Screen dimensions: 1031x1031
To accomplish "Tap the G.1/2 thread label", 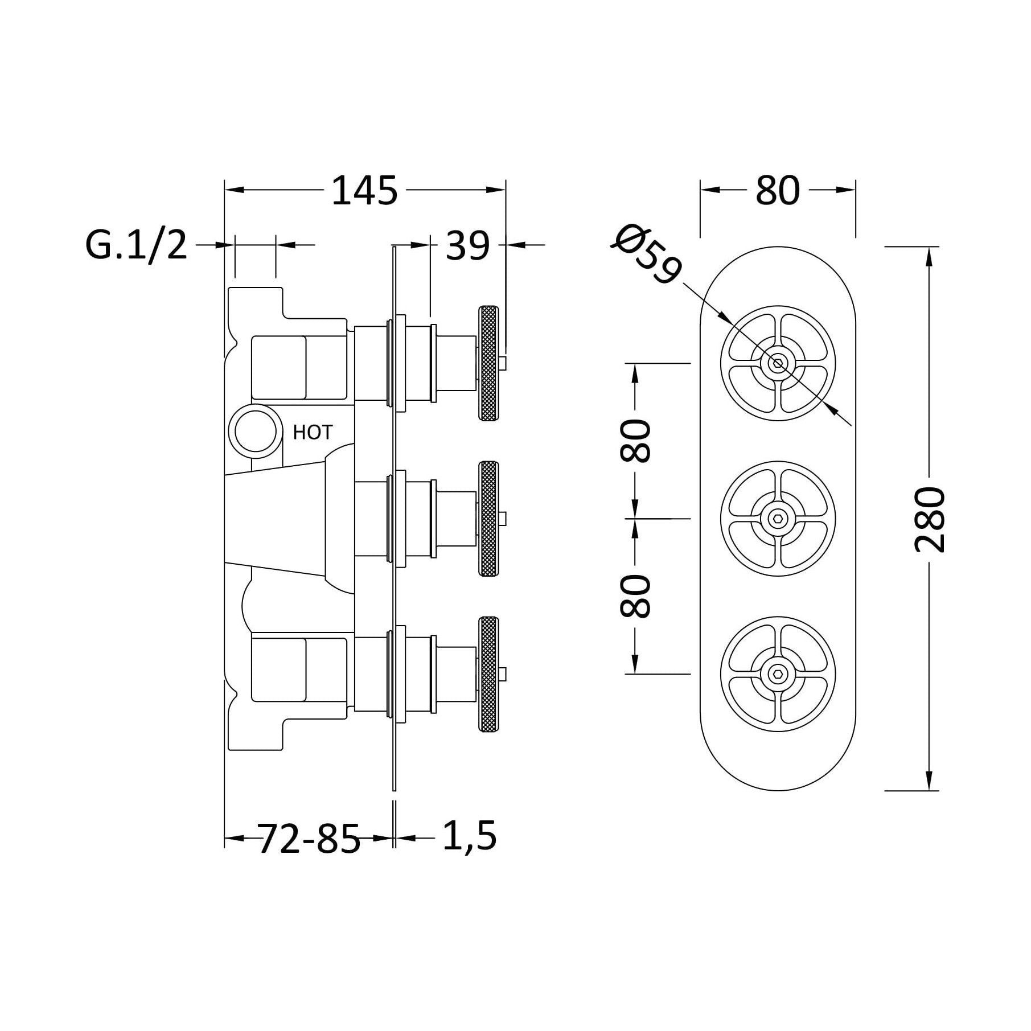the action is (x=137, y=245).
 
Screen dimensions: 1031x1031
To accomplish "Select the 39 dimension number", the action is (x=467, y=246).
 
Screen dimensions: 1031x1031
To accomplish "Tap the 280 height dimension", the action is (x=930, y=519).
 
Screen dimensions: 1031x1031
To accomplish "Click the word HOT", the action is (x=312, y=432).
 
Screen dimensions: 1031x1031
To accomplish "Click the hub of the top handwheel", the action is (x=778, y=363).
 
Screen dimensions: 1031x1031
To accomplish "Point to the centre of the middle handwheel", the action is (x=778, y=519).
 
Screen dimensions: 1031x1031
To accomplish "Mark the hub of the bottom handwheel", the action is (x=778, y=674).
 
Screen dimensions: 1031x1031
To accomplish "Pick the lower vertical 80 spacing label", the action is (x=634, y=597).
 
